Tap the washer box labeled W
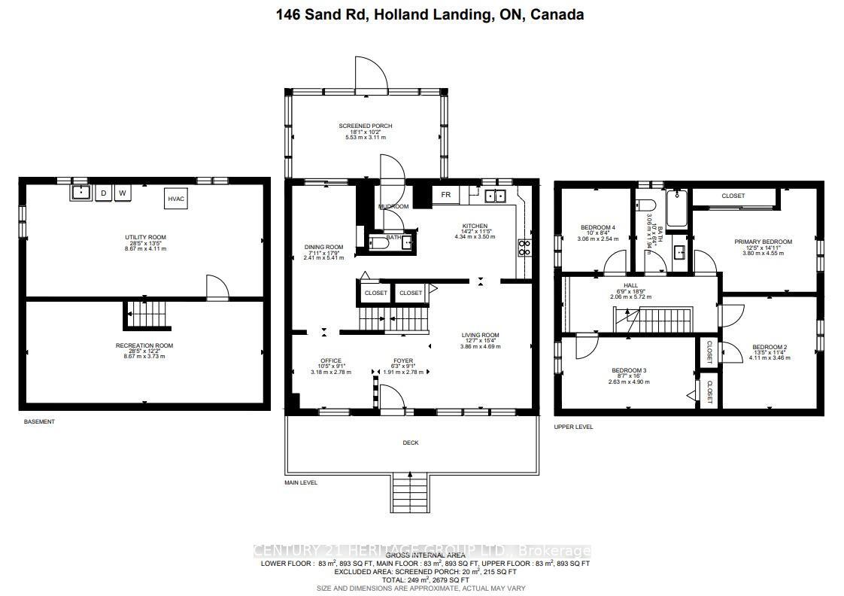pos(123,193)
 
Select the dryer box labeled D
pos(103,193)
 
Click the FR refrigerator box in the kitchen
pos(445,195)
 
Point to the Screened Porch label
pos(365,126)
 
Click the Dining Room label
pos(323,247)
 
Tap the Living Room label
pos(480,335)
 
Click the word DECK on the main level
pos(410,442)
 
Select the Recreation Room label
pos(144,345)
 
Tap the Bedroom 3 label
pos(629,370)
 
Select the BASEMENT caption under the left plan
pos(39,421)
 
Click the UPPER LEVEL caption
pos(573,427)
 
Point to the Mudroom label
pos(393,206)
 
